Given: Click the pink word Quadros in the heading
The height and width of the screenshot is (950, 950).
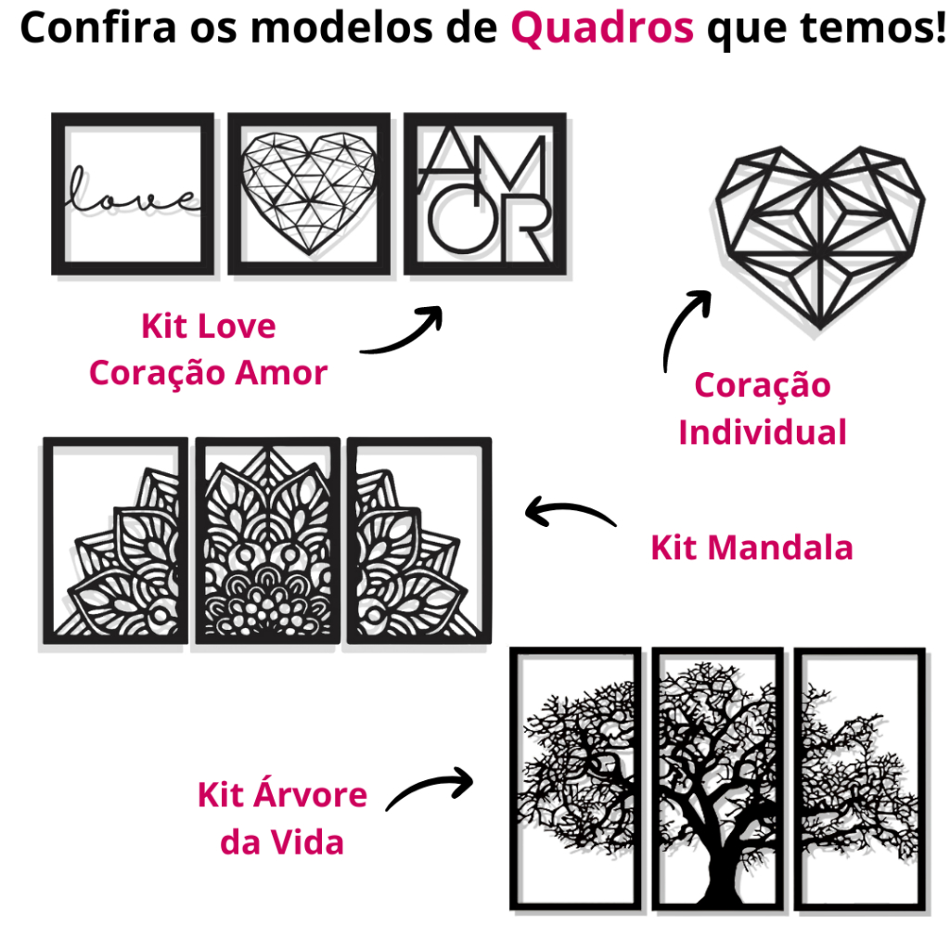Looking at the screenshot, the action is click(602, 29).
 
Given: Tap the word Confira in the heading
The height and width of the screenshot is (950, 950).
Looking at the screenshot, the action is click(98, 27).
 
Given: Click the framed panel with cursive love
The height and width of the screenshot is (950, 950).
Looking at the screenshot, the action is click(133, 194).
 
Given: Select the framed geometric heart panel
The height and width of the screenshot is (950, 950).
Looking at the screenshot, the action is click(309, 194).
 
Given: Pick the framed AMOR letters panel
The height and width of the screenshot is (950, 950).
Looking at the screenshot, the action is click(485, 194).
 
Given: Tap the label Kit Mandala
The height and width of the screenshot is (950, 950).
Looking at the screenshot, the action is click(751, 547).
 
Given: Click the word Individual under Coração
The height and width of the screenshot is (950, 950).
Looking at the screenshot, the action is click(763, 432).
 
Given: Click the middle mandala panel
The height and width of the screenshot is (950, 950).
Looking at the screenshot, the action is click(267, 540).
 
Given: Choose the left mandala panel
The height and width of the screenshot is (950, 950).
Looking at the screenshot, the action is click(116, 540).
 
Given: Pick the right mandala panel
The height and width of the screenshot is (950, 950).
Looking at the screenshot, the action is click(419, 540).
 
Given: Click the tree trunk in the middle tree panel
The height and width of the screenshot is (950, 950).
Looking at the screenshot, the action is click(721, 860).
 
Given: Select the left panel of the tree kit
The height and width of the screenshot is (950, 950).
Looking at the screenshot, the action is click(575, 778).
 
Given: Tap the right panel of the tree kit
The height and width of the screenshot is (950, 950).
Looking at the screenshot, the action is click(860, 778).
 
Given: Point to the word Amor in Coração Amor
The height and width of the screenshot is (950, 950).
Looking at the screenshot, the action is click(281, 372).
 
